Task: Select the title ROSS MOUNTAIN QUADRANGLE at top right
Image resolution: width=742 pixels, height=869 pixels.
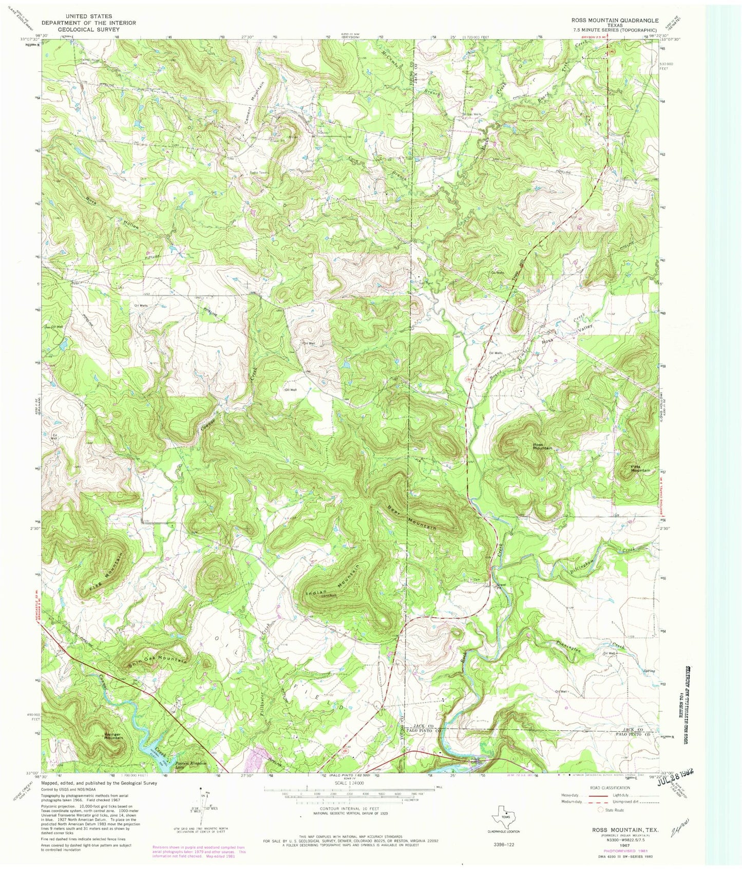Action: coord(607,20)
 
